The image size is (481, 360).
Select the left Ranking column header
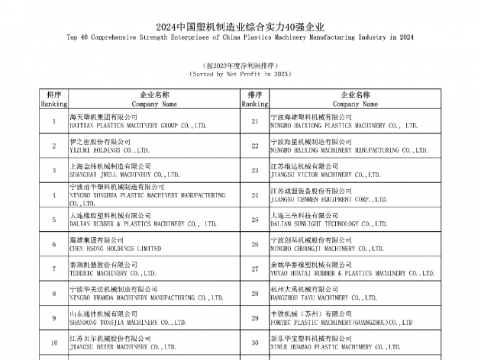coord(53,98)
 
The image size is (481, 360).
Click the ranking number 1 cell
coord(53,121)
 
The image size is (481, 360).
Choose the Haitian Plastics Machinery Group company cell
coord(137,121)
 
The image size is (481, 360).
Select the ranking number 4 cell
coord(53,195)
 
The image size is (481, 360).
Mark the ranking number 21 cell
coord(255,121)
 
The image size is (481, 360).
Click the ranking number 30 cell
coord(255,342)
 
